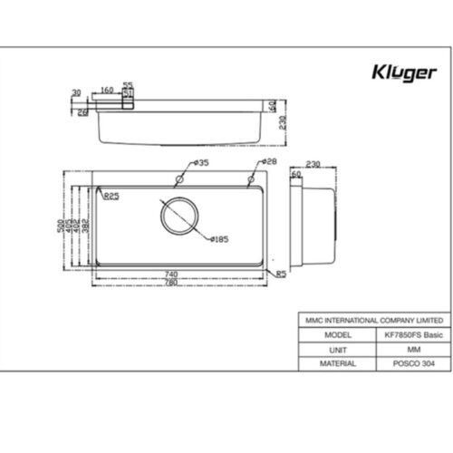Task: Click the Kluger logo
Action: tap(406, 72)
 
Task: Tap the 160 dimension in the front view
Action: tap(107, 91)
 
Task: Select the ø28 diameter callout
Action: tap(269, 162)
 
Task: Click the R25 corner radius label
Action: tap(112, 195)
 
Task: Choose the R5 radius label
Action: tap(281, 275)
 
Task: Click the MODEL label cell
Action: tap(336, 333)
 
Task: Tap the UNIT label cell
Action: tap(336, 348)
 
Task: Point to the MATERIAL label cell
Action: tap(336, 362)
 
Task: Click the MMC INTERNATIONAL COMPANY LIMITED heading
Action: tap(373, 320)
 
